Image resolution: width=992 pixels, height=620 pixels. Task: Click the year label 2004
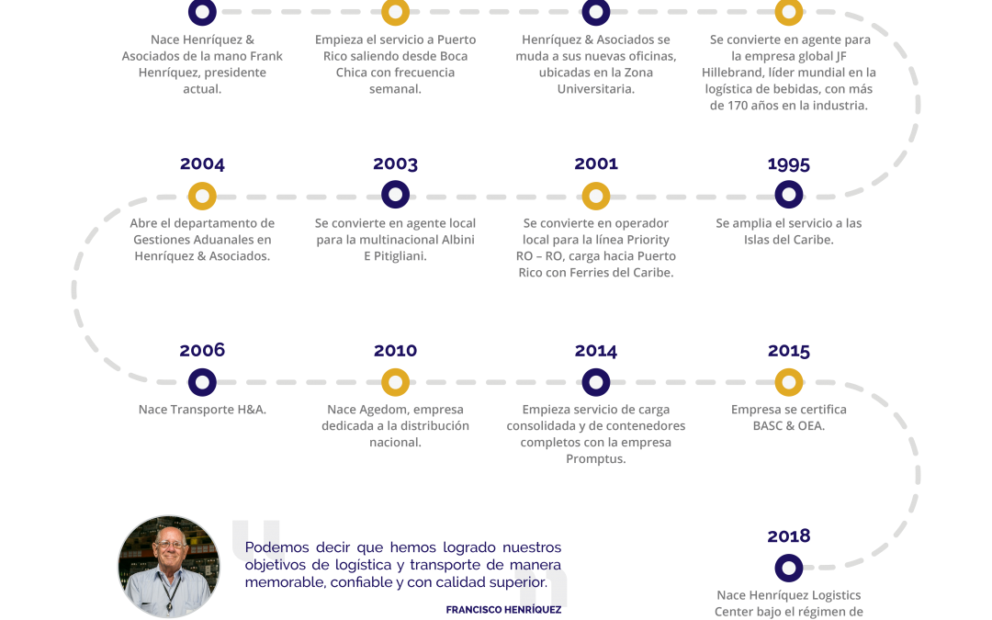tap(202, 163)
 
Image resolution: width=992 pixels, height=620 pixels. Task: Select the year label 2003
tap(395, 163)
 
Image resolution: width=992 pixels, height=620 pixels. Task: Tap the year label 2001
tap(596, 163)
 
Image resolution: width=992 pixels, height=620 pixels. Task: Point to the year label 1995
tap(789, 164)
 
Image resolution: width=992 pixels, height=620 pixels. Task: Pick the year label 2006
tap(202, 351)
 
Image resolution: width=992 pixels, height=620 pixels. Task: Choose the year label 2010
tap(395, 351)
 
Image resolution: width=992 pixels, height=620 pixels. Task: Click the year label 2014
tap(596, 351)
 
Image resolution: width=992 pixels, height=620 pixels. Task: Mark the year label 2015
tap(789, 351)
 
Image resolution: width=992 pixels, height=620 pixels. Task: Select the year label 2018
tap(789, 536)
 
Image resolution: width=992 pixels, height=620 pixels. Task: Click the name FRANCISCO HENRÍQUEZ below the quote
tap(503, 610)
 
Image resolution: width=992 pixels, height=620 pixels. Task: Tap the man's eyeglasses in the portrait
tap(170, 544)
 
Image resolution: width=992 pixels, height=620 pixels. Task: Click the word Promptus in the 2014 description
tap(596, 458)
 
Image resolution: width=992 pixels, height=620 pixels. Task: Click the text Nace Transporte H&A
tap(202, 410)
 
